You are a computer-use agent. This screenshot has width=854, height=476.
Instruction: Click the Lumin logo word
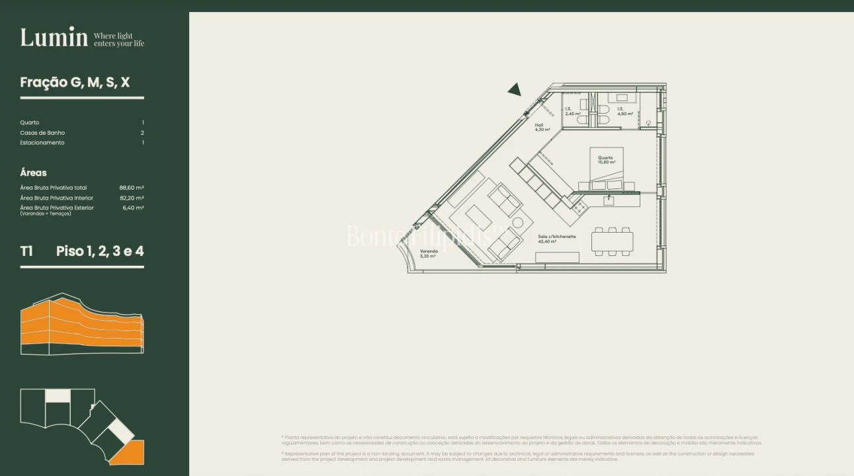tap(54, 38)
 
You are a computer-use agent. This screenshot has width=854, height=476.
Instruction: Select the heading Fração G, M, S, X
tap(75, 83)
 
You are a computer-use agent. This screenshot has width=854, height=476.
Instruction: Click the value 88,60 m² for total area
tap(132, 188)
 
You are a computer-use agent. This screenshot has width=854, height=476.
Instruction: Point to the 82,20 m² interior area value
tap(132, 198)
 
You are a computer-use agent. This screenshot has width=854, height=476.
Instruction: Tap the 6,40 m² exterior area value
tap(133, 208)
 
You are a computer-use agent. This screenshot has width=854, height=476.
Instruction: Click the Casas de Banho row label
tap(42, 133)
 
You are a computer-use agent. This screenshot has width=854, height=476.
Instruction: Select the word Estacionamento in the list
tap(42, 143)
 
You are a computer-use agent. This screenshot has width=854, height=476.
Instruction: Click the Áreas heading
tap(33, 173)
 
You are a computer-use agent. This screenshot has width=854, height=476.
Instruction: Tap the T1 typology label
tap(26, 251)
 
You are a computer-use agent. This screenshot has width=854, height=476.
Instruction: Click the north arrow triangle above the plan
tap(515, 90)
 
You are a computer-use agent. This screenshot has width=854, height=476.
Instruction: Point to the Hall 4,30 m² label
tap(542, 127)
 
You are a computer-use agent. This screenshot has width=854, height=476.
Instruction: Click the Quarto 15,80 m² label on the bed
tap(605, 160)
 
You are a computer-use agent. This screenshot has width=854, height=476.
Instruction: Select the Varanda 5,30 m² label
tap(428, 253)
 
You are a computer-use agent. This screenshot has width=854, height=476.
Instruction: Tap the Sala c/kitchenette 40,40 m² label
tap(556, 239)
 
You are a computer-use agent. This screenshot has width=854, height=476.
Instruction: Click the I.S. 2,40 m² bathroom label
tap(572, 111)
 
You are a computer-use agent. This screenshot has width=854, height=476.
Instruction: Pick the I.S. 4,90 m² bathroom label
tap(624, 111)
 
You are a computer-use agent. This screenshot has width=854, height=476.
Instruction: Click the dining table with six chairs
tap(612, 241)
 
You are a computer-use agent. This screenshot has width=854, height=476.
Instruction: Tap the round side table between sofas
tap(518, 223)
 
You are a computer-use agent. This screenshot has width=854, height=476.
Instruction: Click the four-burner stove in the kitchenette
tap(579, 207)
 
